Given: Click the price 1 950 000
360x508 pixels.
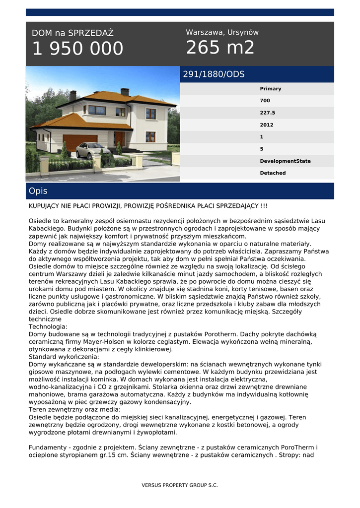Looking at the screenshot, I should click(77, 49).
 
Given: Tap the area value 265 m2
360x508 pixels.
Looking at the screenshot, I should click(220, 48).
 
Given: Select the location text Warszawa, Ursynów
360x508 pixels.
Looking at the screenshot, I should click(222, 32).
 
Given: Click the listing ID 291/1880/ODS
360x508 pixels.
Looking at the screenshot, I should click(214, 74).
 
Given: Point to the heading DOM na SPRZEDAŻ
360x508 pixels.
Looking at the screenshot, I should click(72, 33).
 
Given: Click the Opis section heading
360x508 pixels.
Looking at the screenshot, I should click(38, 191).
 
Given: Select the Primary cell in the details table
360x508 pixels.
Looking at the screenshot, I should click(270, 89).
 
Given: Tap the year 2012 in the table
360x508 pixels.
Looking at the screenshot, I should click(266, 125).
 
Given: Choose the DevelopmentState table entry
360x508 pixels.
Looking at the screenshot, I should click(285, 161).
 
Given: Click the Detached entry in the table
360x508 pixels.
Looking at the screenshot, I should click(273, 173).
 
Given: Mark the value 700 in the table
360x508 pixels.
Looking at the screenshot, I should click(265, 101).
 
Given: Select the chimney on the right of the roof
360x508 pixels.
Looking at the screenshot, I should click(125, 92).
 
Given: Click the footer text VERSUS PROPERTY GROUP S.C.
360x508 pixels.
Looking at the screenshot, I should click(180, 485).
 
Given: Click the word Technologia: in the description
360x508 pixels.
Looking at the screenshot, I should click(48, 327).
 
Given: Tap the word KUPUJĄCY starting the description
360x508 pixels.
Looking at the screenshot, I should click(47, 206).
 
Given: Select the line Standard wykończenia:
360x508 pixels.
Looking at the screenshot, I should click(64, 357).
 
